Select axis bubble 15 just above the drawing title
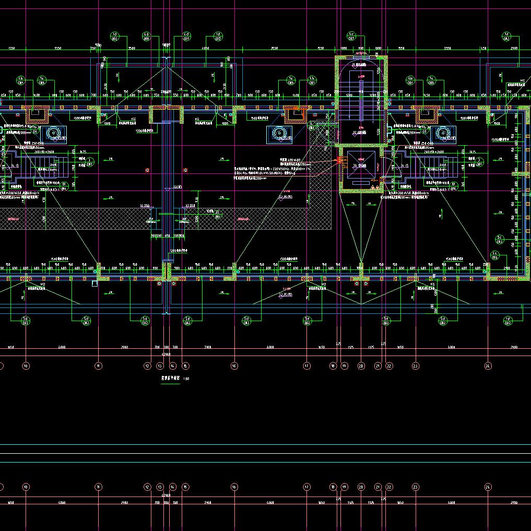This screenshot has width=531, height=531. pos(185,366)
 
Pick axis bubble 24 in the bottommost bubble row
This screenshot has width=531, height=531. pos(488,487)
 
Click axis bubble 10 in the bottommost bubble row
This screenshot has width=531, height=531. pos(26,487)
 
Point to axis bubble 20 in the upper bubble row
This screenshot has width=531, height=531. pos(361,366)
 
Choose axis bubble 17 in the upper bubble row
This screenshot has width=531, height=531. pos(306,366)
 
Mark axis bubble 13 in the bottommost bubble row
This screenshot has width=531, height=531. pos(160,487)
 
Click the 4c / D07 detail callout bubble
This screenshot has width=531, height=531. pos(351,36)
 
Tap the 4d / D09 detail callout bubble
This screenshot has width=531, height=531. pos(147,36)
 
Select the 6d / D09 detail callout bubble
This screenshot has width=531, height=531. pos(186,36)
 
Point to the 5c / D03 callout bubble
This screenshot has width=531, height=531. pos(499,240)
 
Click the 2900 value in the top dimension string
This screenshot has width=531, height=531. pos(514,48)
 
